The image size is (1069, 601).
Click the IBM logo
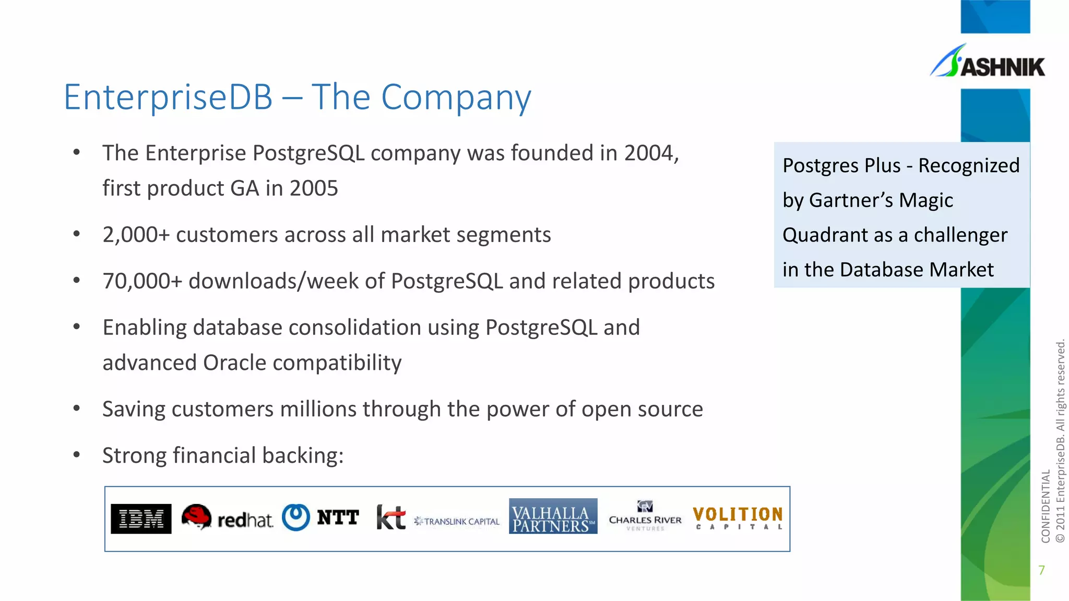pyautogui.click(x=141, y=519)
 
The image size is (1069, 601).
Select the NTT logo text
pyautogui.click(x=338, y=518)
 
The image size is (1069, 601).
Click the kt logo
pyautogui.click(x=390, y=518)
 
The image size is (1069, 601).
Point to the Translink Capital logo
pyautogui.click(x=457, y=521)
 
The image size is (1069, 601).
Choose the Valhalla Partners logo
pyautogui.click(x=553, y=516)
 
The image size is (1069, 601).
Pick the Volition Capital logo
pyautogui.click(x=738, y=518)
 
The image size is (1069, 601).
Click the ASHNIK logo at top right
pyautogui.click(x=988, y=63)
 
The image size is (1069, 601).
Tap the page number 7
pyautogui.click(x=1041, y=570)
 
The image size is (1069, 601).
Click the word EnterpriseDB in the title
pyautogui.click(x=168, y=97)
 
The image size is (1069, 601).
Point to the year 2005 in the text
pyautogui.click(x=314, y=188)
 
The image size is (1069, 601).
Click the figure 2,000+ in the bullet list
pyautogui.click(x=136, y=235)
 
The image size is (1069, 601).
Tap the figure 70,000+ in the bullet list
pyautogui.click(x=142, y=281)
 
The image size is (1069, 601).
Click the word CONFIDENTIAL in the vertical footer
pyautogui.click(x=1046, y=506)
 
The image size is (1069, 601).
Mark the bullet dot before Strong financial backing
pyautogui.click(x=77, y=454)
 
